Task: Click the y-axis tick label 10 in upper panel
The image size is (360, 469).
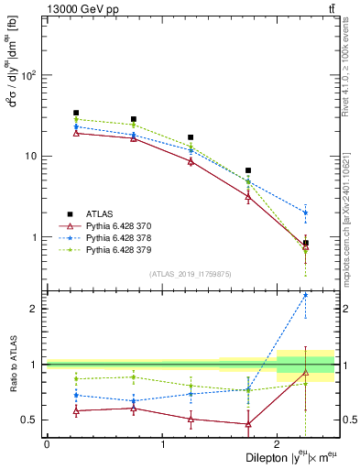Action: [x=33, y=156]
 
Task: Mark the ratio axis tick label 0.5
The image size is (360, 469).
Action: [x=29, y=420]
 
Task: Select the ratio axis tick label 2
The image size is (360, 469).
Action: [x=35, y=309]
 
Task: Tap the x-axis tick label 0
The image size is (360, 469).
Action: [x=47, y=443]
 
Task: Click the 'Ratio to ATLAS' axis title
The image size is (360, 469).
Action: [x=11, y=364]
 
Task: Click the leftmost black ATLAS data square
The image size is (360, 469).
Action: [x=76, y=113]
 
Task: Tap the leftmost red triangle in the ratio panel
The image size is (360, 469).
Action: [x=76, y=410]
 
